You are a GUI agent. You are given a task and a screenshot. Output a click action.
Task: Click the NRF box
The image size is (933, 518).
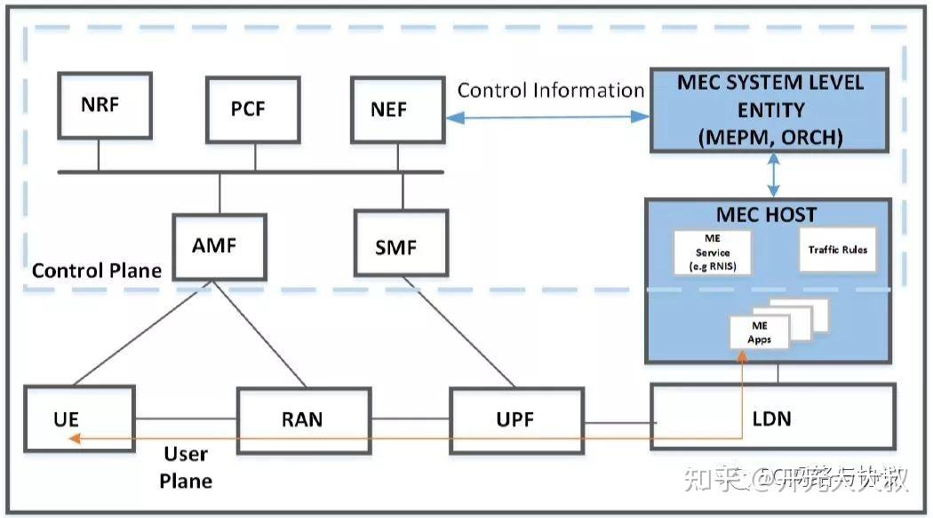pyautogui.click(x=99, y=105)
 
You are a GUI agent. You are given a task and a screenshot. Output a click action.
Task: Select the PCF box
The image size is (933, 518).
pyautogui.click(x=248, y=109)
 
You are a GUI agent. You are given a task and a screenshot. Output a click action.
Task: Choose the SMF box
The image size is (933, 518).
pyautogui.click(x=396, y=246)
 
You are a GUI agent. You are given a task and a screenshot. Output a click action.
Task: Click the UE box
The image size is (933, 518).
pyautogui.click(x=79, y=418)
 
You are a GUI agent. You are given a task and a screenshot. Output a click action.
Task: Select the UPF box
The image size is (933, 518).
pyautogui.click(x=516, y=418)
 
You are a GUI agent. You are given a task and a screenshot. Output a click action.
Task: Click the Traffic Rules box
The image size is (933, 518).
pyautogui.click(x=837, y=250)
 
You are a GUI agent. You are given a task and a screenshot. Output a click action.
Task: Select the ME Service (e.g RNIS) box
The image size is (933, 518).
pyautogui.click(x=713, y=253)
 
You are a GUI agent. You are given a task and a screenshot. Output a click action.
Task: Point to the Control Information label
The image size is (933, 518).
pyautogui.click(x=551, y=91)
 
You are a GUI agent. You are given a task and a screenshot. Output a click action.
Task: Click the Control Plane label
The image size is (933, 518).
pyautogui.click(x=97, y=270)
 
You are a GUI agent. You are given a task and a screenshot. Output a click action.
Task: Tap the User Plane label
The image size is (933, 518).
pyautogui.click(x=187, y=467)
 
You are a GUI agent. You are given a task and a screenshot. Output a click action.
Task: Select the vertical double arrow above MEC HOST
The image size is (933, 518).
pyautogui.click(x=773, y=174)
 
